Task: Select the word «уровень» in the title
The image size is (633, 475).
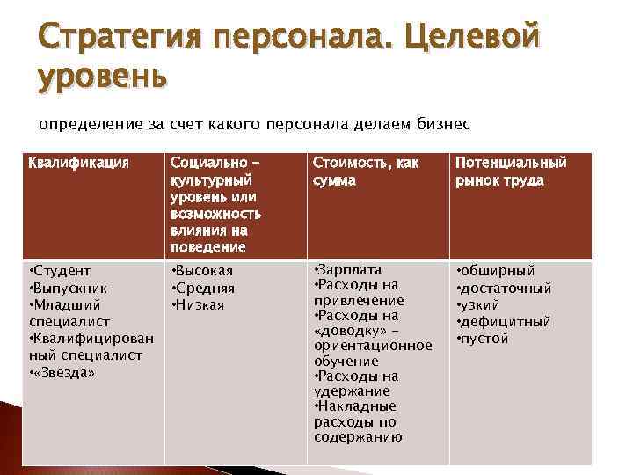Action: coord(102,77)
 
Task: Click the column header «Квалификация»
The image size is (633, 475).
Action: coord(79,163)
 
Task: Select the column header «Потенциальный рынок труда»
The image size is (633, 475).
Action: coord(511,172)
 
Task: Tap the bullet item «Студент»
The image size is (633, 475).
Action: coord(62,271)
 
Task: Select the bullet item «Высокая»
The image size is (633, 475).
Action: coord(205,271)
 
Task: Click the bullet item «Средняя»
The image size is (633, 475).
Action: coord(205,288)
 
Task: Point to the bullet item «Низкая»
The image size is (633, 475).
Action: coord(200,304)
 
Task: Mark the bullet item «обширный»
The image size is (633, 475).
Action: coord(498,271)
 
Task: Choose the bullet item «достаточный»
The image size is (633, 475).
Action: coord(506,288)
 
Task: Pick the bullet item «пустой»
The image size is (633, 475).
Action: coord(485,338)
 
